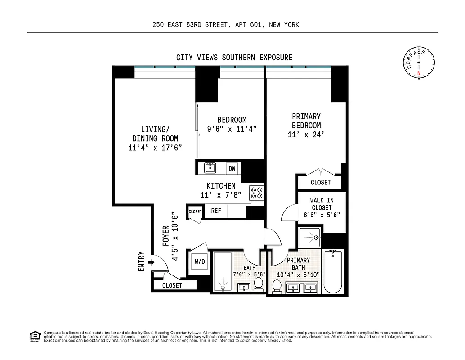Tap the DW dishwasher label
click(232, 169)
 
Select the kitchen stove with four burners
click(257, 193)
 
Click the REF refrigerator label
click(216, 211)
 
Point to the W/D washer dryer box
click(200, 261)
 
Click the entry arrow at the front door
click(151, 262)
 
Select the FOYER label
click(165, 235)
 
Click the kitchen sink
click(210, 168)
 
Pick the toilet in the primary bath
click(277, 287)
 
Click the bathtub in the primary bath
click(333, 271)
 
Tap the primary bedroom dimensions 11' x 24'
click(306, 135)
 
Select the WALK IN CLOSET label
click(321, 207)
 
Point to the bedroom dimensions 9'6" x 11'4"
click(232, 129)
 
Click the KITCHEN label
click(221, 186)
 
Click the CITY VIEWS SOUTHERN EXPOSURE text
click(234, 58)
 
